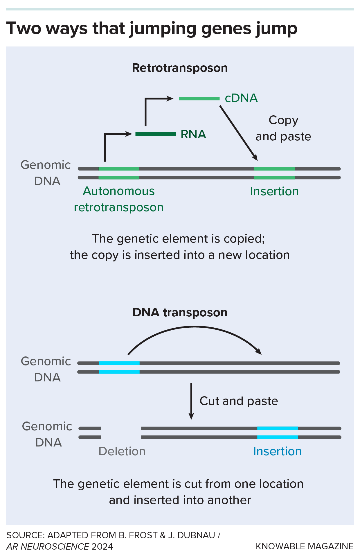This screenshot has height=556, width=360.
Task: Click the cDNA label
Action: click(x=241, y=98)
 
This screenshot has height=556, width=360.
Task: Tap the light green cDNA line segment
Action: click(x=199, y=98)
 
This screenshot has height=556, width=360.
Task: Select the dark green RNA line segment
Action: click(x=156, y=134)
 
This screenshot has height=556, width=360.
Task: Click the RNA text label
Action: click(x=193, y=134)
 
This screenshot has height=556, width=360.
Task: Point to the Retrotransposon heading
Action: click(x=180, y=68)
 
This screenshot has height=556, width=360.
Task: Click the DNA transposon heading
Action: click(x=180, y=313)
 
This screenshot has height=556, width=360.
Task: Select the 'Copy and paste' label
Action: click(x=283, y=128)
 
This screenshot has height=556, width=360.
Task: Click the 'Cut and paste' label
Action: click(x=239, y=401)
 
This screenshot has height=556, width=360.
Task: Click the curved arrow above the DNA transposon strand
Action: click(x=195, y=327)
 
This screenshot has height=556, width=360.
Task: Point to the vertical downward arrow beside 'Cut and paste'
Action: click(x=191, y=401)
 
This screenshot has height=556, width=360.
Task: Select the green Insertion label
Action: click(x=274, y=191)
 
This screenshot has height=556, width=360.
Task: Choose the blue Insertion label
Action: click(x=277, y=451)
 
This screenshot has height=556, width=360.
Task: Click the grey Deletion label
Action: click(x=122, y=451)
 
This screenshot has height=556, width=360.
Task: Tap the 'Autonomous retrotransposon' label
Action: click(x=119, y=199)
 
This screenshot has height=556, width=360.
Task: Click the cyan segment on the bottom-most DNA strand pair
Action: click(x=277, y=433)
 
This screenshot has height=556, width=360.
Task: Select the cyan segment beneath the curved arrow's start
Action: click(x=119, y=367)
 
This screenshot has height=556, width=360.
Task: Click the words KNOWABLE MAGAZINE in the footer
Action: click(x=304, y=546)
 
